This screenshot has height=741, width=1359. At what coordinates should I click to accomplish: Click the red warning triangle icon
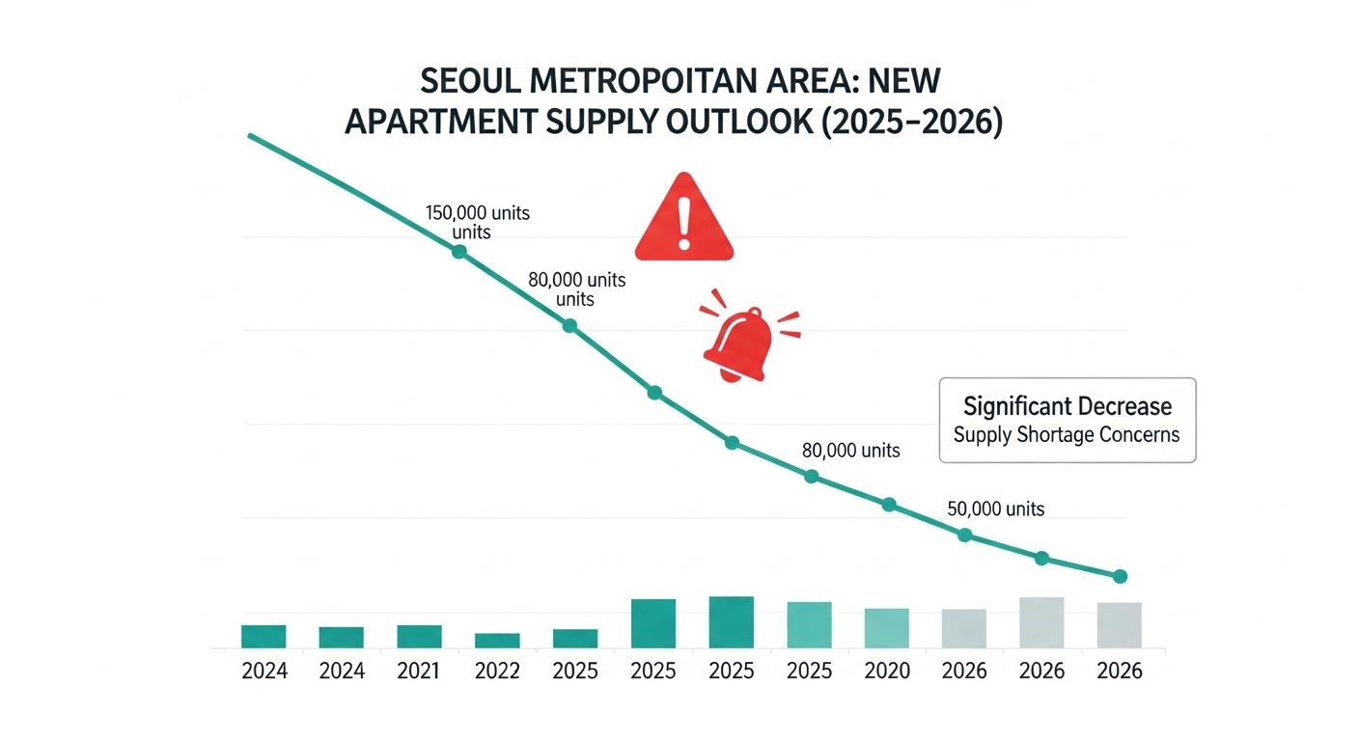684,221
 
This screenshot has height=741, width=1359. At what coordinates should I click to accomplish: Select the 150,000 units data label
477,213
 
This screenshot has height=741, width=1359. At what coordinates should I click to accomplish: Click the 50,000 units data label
996,508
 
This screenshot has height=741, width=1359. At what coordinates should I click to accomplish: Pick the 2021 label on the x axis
420,672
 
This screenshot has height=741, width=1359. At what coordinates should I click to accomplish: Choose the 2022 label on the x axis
498,672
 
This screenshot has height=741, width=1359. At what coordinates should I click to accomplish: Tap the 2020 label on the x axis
887,672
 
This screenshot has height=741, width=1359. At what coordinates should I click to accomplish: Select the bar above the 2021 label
419,636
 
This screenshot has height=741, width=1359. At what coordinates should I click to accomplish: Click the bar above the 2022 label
497,640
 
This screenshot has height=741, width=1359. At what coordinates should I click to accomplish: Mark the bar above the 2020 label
886,627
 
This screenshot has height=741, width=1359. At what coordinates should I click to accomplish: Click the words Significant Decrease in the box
1067,405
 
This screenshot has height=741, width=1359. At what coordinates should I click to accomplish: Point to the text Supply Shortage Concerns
1067,435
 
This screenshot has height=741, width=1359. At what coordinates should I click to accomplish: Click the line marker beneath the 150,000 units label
459,252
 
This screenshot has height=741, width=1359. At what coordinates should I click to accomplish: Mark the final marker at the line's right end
1120,576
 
